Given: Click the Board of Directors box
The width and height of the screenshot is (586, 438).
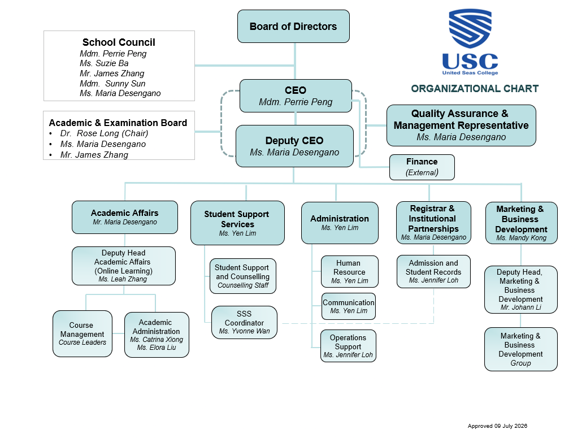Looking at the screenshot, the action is tap(293, 26).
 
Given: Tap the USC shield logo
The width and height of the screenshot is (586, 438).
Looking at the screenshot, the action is tap(470, 28).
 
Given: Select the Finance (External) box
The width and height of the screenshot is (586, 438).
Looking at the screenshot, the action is tap(422, 167).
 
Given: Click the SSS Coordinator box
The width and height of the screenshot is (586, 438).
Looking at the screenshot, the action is tap(245, 323).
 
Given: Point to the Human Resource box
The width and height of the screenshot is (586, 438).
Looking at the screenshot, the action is tap(349, 272).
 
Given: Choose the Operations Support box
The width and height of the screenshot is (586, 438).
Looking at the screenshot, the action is tap(348, 346).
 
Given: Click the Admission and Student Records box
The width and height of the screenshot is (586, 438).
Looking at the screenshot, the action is tap(433, 271).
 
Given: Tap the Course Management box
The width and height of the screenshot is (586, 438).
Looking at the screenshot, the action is tap(82, 334).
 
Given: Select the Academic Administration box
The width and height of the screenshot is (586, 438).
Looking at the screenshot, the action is tap(157, 335).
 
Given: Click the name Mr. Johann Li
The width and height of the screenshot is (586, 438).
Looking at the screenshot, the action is tap(520, 307).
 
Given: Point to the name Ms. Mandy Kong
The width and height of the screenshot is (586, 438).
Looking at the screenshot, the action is tap(522, 238).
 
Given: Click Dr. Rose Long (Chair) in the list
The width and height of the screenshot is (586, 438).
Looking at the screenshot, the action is tap(105, 133).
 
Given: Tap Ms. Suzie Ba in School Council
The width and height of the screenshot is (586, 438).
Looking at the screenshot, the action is tap(104, 63).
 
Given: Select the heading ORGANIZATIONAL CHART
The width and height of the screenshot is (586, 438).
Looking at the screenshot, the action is tap(475, 89).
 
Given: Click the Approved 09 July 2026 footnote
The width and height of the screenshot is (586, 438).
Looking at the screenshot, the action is tap(497, 426).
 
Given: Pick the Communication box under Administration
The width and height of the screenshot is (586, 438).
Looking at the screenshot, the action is tap(349, 306).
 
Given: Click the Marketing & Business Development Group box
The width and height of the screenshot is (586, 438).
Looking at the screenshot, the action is tap(520, 349).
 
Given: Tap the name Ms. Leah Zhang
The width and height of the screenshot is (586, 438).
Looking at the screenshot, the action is tap(123, 279).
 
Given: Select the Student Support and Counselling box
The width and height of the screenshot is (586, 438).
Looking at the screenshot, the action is tap(243, 276).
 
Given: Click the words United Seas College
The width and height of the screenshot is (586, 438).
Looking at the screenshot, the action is tap(470, 72).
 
